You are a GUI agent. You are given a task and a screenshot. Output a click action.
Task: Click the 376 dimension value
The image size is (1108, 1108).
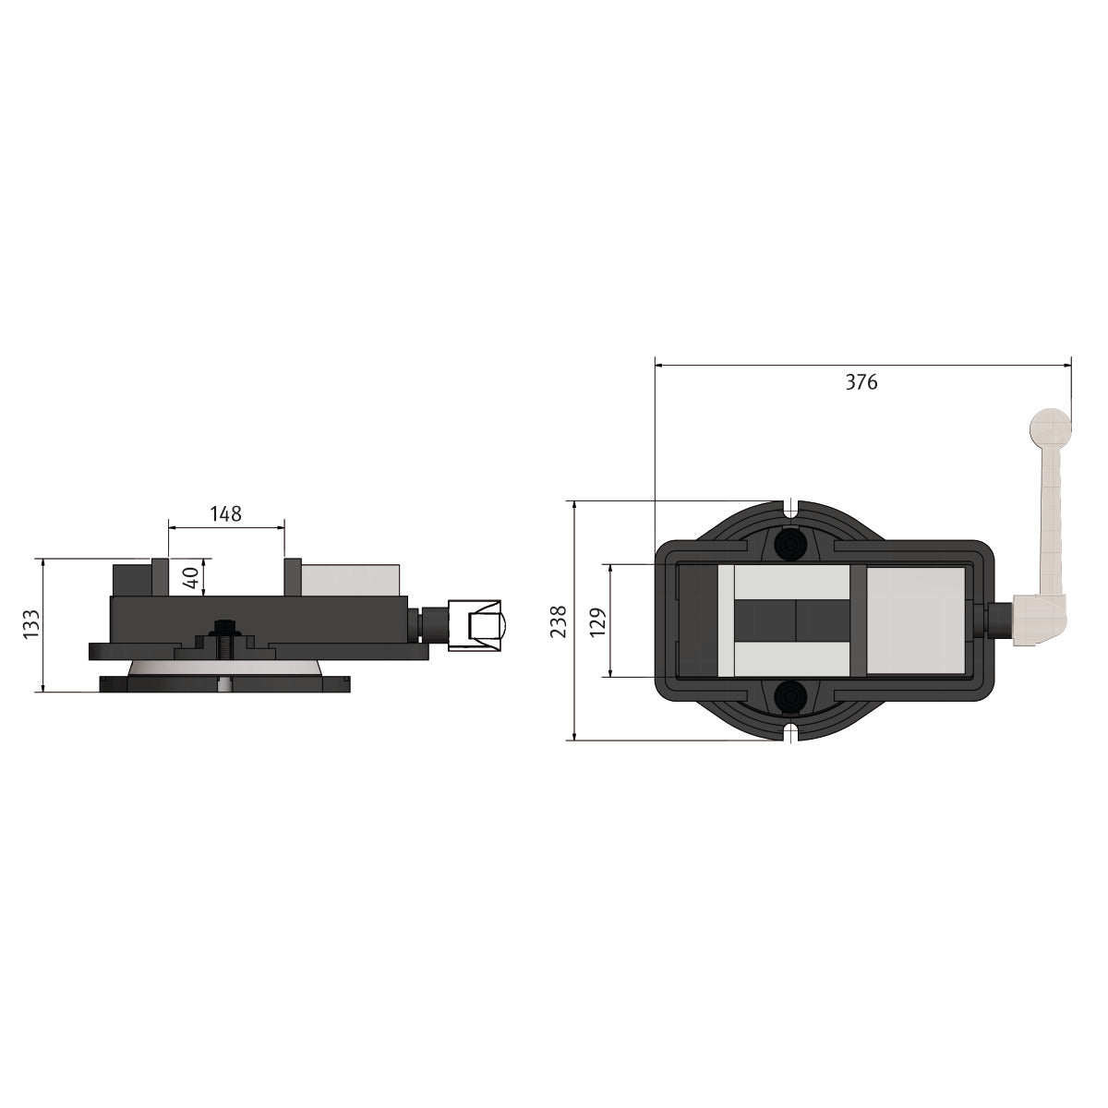pos(861,382)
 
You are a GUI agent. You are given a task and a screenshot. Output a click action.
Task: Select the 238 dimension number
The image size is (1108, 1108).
pos(559,621)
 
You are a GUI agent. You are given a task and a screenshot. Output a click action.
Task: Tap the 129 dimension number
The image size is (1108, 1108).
pos(598,621)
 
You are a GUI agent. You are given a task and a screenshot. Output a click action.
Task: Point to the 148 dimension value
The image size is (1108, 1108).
pos(225,513)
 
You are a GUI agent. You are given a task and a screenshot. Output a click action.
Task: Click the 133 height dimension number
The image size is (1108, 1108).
pos(31,623)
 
